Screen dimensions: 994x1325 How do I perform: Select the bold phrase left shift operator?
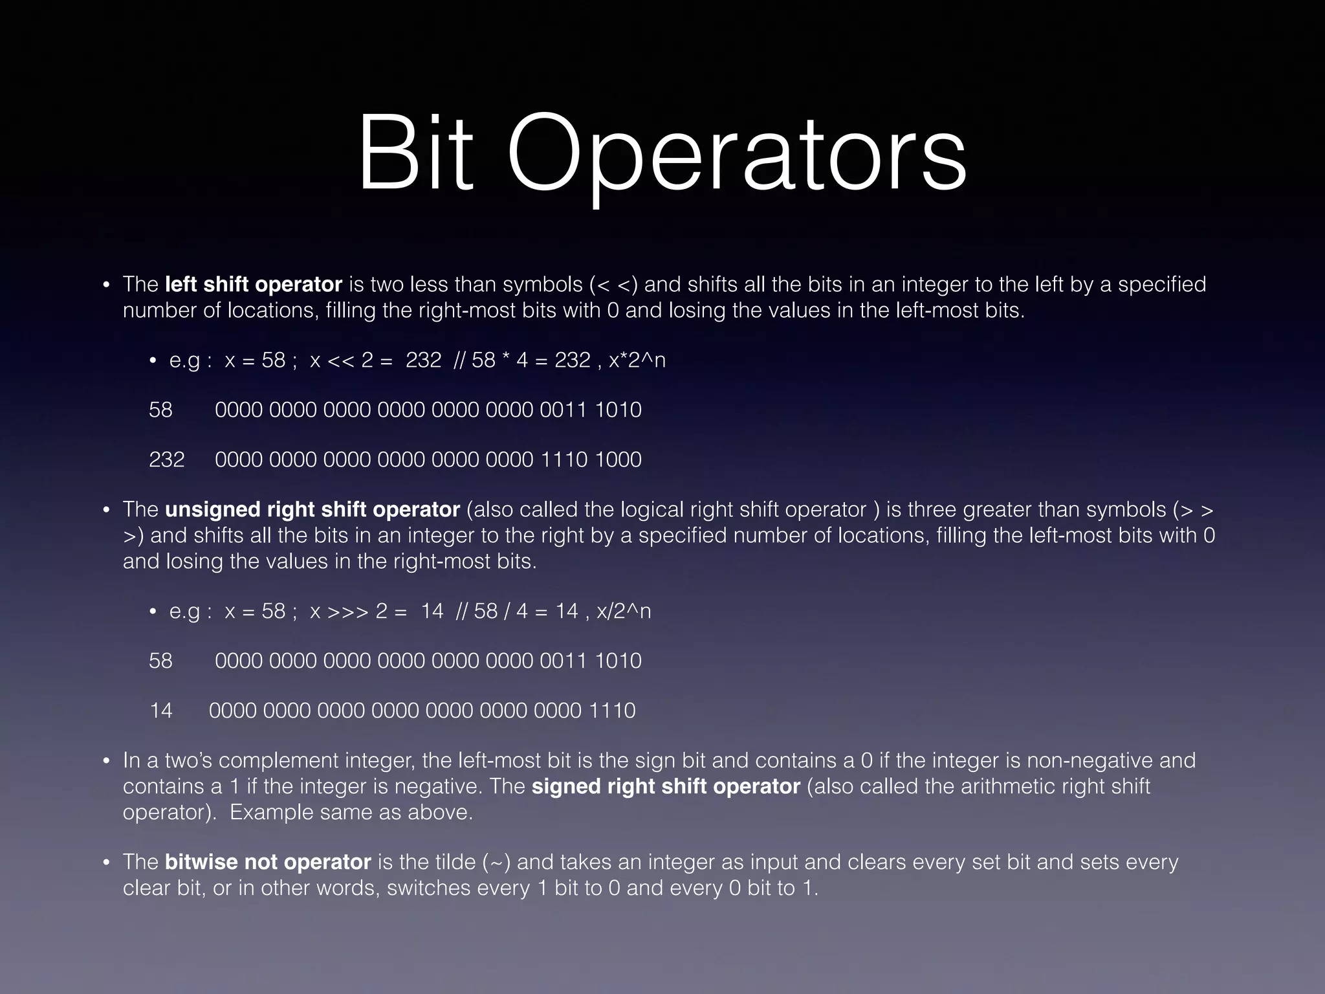click(253, 285)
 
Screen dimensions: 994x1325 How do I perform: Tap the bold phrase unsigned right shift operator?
click(312, 510)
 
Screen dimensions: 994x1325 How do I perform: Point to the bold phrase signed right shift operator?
click(666, 786)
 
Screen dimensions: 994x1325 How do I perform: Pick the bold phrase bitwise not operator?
click(268, 862)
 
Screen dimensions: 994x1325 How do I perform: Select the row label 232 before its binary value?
click(167, 459)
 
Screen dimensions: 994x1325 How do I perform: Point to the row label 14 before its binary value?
click(161, 711)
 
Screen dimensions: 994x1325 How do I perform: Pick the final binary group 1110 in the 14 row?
click(612, 711)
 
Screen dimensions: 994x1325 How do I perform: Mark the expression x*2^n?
click(637, 360)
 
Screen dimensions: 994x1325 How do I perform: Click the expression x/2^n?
click(624, 612)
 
